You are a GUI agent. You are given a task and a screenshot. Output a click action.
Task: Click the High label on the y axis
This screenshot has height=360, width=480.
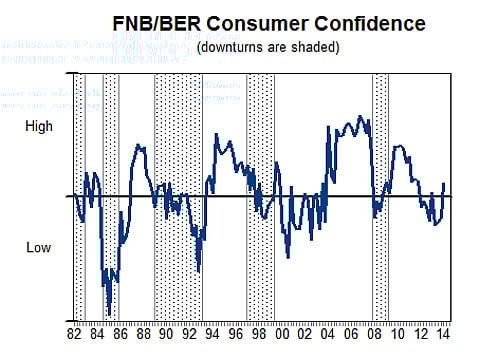coord(39,127)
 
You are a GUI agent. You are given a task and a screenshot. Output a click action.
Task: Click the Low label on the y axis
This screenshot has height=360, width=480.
coord(38,247)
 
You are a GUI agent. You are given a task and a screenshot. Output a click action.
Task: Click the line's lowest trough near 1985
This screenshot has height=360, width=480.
coord(109,313)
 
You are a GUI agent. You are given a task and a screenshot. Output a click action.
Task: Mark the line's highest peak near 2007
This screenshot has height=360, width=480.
coord(360,117)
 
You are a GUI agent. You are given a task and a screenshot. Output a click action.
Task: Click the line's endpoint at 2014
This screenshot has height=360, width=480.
coord(444,184)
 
